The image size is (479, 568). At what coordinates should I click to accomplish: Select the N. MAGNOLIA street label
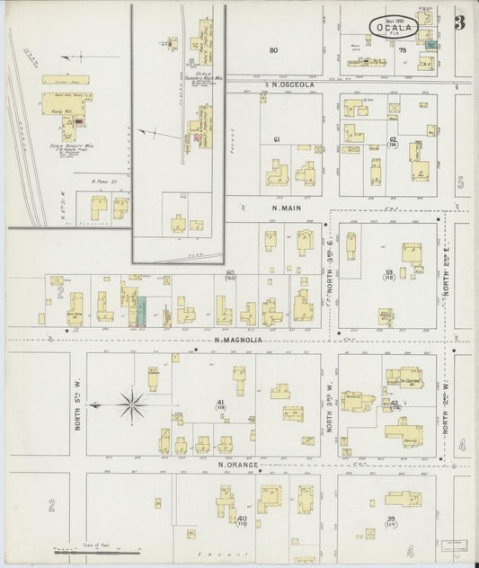[x=238, y=341]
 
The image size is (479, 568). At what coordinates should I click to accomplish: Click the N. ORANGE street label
[x=238, y=465]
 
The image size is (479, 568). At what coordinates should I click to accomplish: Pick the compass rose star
[x=131, y=404]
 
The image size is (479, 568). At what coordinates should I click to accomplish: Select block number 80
[x=273, y=50]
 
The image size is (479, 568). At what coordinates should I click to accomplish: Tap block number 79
[x=402, y=50]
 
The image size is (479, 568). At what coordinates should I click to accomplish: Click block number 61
[x=277, y=139]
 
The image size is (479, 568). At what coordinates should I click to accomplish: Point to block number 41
[x=219, y=402]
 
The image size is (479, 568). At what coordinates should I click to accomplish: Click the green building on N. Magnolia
[x=140, y=309]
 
